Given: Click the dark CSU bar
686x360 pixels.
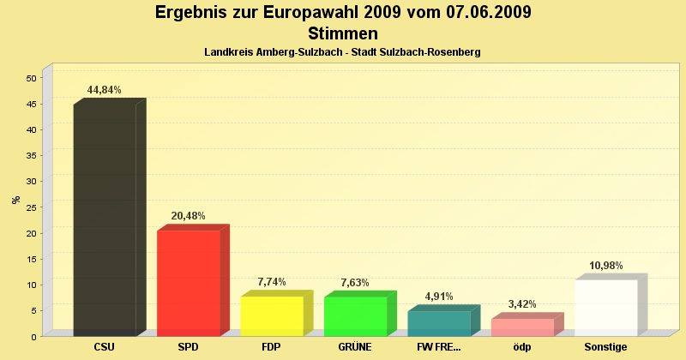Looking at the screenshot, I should (x=105, y=219).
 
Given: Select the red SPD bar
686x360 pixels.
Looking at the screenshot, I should (x=189, y=283).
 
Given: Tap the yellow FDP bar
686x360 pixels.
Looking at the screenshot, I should (x=272, y=315).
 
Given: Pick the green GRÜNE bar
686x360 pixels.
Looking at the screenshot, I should (x=355, y=315).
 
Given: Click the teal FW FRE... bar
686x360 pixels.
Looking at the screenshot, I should (x=439, y=323).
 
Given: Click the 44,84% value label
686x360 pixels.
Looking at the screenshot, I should (x=105, y=90).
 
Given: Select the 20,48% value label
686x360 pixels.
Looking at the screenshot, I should (x=189, y=216).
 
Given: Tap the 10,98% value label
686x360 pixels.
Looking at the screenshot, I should (x=606, y=266).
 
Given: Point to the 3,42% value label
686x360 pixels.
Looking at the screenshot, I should (x=522, y=304).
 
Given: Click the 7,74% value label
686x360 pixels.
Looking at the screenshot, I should (x=272, y=282).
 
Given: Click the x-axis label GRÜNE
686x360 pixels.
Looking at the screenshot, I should (x=355, y=347).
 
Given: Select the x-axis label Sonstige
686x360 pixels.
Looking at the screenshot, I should (x=606, y=347).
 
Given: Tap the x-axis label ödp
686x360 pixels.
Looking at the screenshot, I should (x=522, y=347).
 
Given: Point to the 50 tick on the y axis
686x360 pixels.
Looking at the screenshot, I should (x=31, y=78).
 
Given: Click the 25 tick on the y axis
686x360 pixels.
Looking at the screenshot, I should (x=31, y=207).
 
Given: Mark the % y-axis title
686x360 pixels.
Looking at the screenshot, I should (x=15, y=200).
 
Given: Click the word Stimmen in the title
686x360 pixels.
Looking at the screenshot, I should (x=342, y=34).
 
